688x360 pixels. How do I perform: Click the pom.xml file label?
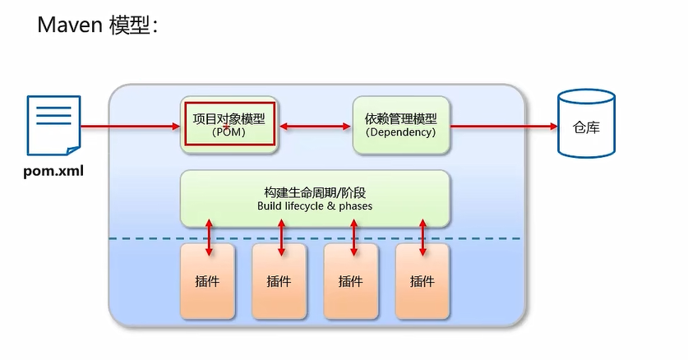click(53, 173)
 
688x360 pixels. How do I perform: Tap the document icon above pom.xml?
click(53, 126)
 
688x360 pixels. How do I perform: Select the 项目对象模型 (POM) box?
click(229, 124)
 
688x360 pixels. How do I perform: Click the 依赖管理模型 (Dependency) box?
click(401, 125)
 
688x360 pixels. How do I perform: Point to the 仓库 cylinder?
click(586, 125)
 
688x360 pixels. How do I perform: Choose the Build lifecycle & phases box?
click(315, 198)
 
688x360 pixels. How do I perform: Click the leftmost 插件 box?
click(208, 280)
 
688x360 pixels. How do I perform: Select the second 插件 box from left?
click(279, 280)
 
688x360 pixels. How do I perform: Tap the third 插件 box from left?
click(351, 280)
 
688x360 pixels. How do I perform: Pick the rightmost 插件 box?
click(422, 280)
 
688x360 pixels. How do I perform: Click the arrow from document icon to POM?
click(132, 126)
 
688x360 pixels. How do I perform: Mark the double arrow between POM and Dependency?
click(316, 126)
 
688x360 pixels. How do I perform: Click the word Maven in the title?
click(71, 25)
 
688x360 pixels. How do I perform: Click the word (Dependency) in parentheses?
click(401, 132)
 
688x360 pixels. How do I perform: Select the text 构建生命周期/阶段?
click(314, 192)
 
